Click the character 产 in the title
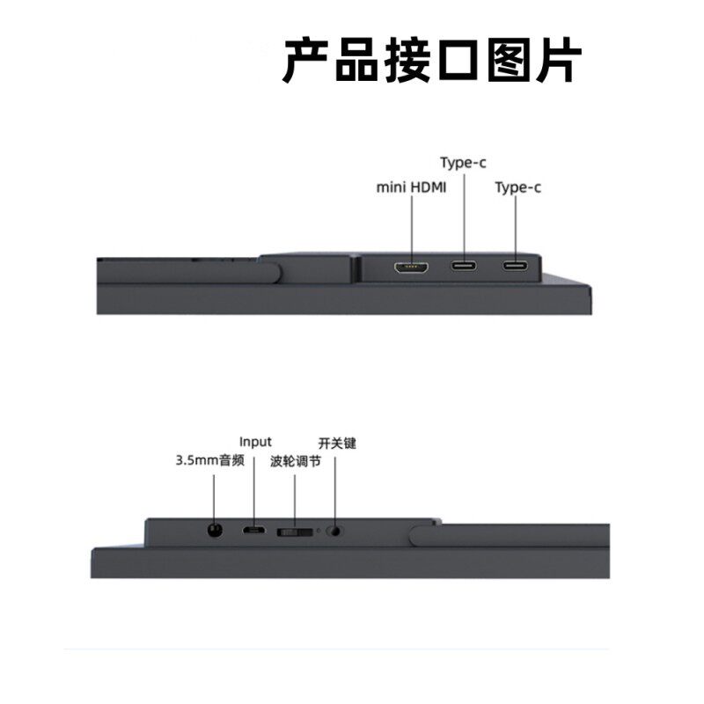[x=306, y=60]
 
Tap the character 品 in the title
[x=357, y=60]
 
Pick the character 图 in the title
[x=509, y=60]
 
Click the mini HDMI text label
[x=411, y=187]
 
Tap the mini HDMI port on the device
[x=411, y=268]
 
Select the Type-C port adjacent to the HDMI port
[x=464, y=266]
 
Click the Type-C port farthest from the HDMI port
[x=515, y=266]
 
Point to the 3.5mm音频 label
[x=209, y=460]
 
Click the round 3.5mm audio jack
[x=215, y=531]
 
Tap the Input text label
[x=255, y=443]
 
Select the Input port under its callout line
[x=253, y=531]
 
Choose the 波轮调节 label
[x=296, y=461]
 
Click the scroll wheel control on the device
[x=295, y=532]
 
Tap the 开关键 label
[x=337, y=444]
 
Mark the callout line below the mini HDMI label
[x=411, y=228]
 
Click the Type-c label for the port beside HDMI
[x=463, y=163]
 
